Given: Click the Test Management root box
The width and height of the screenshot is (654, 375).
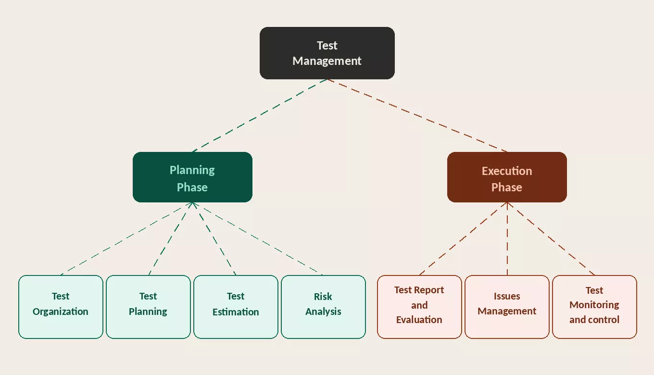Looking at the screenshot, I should click(x=327, y=53).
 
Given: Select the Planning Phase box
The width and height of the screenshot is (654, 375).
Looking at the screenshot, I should click(x=192, y=177).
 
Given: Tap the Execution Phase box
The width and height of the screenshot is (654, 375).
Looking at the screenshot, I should click(x=507, y=177).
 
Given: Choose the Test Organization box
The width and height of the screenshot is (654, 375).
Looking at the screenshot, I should click(x=61, y=307).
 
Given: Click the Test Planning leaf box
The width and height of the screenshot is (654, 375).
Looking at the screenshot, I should click(x=148, y=307).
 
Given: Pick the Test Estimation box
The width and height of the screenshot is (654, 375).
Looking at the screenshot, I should click(x=236, y=307).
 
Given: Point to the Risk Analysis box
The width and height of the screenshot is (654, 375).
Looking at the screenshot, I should click(x=323, y=307).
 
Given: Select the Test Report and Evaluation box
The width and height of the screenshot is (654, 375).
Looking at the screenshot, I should click(x=419, y=307).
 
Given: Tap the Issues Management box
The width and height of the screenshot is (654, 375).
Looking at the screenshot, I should click(x=507, y=307).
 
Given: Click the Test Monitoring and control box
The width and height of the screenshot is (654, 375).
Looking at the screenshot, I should click(x=594, y=307).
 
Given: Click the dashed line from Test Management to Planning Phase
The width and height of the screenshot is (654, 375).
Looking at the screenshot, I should click(x=260, y=115).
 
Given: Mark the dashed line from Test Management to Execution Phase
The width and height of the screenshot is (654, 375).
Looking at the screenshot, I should click(x=417, y=115).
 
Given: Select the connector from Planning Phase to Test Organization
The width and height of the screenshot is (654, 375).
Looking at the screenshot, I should click(x=126, y=238).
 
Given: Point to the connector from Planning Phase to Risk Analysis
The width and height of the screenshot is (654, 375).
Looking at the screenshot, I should click(x=258, y=238).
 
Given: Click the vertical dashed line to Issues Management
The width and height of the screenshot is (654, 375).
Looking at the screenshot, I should click(x=507, y=238).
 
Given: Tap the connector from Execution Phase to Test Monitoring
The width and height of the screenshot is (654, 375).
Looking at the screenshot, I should click(x=551, y=238).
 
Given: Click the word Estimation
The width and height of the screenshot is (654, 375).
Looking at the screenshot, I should click(x=236, y=312).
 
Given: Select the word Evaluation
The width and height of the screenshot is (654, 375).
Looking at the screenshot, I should click(x=419, y=320).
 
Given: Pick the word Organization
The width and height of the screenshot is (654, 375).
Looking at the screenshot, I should click(x=61, y=312).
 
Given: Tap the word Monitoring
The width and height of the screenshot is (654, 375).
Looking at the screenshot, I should click(x=594, y=305).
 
